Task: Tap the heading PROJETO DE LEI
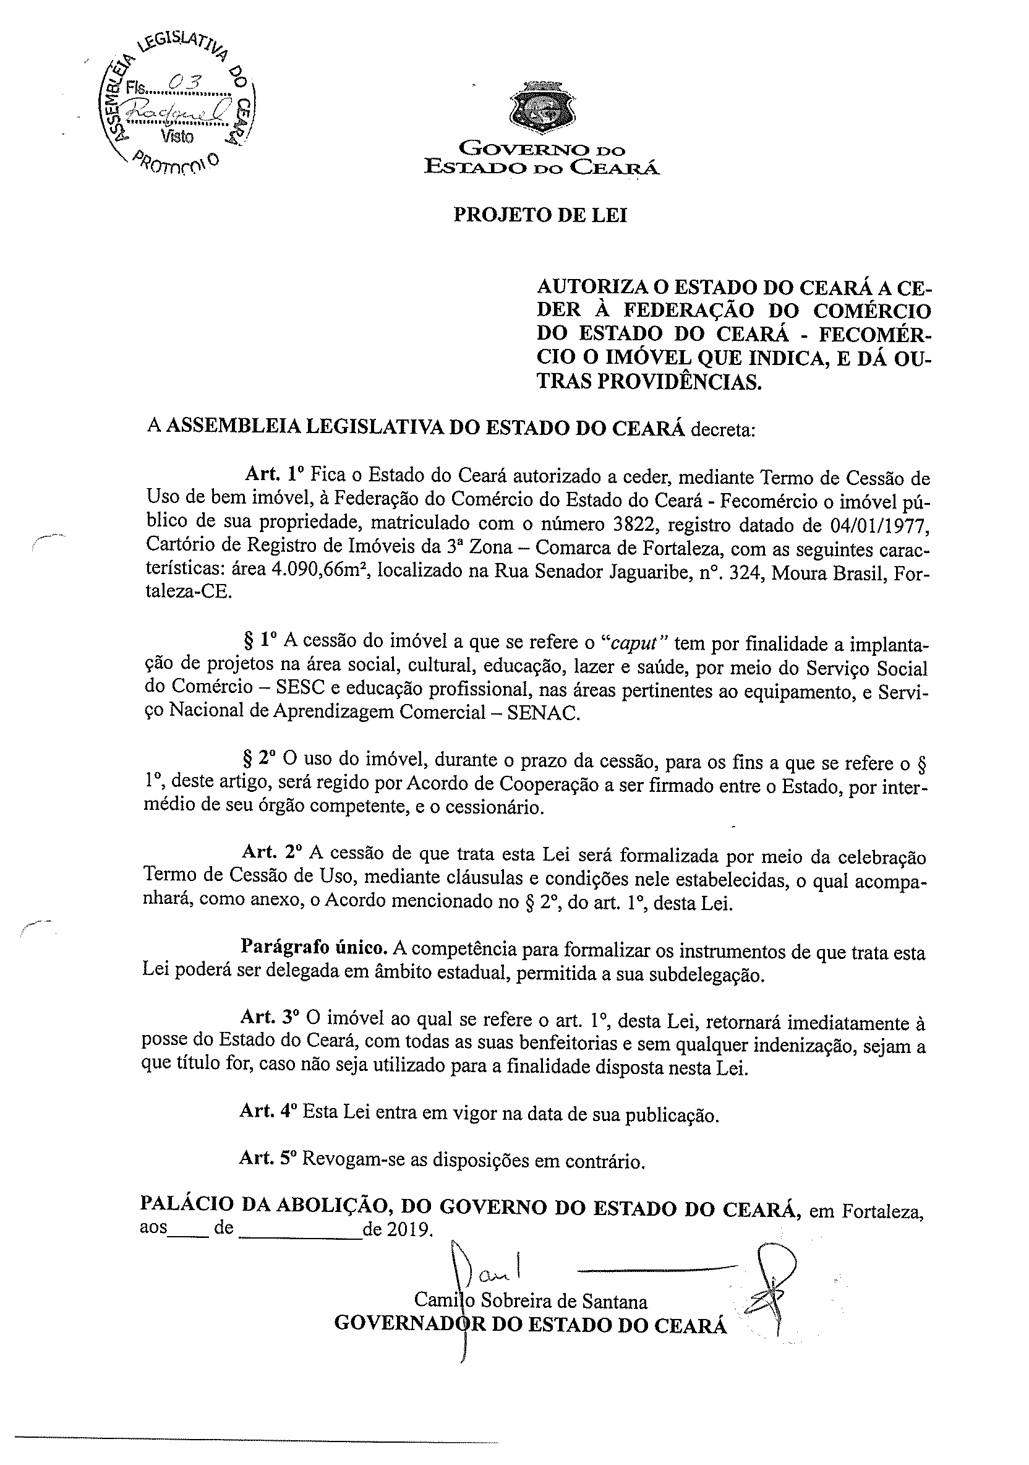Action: (540, 215)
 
